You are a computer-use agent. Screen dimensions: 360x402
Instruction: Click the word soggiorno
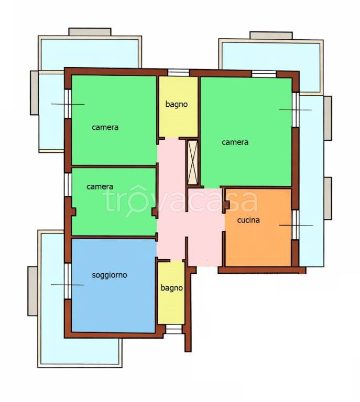(110, 275)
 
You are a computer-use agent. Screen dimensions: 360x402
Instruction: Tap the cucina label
(248, 220)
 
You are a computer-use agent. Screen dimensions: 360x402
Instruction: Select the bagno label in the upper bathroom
(177, 104)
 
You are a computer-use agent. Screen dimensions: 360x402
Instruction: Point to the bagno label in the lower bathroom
(172, 288)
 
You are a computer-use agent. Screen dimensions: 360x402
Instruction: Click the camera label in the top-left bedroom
(105, 127)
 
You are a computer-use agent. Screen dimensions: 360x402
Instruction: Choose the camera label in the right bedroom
(235, 142)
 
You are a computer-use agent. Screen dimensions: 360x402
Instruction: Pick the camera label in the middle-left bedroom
(100, 187)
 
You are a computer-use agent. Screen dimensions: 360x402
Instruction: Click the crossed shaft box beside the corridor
(193, 162)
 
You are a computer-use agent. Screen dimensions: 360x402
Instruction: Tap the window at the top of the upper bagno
(179, 73)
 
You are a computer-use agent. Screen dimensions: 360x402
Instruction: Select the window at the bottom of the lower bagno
(174, 329)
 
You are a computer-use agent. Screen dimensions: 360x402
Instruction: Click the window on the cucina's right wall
(296, 225)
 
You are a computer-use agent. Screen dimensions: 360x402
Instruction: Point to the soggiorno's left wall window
(68, 281)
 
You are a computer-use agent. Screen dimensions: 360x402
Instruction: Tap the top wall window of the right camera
(264, 74)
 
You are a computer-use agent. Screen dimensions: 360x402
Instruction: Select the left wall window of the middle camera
(68, 185)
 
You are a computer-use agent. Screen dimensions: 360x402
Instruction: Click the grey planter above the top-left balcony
(90, 32)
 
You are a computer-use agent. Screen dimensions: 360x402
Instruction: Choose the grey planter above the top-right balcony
(271, 36)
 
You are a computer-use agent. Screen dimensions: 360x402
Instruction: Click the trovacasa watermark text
(180, 200)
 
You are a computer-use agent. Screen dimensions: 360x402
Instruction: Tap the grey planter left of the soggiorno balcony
(33, 291)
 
